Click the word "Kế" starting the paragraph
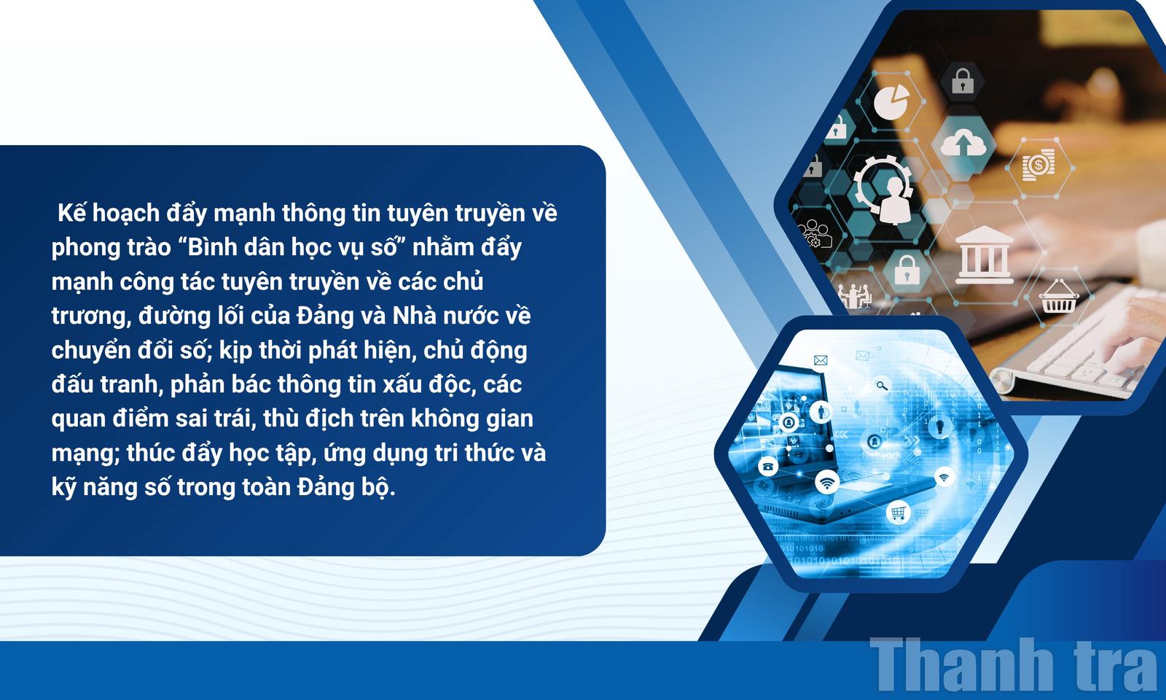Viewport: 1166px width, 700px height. [72, 212]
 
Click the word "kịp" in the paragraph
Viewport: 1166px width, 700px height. [235, 351]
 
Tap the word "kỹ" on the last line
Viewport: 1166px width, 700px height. [63, 488]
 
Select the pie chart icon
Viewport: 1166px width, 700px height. [892, 101]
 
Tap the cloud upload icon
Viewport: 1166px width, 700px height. [963, 141]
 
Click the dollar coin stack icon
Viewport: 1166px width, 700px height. [1038, 166]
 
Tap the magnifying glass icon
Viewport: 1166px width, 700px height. [881, 386]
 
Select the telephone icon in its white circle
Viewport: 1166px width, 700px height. [768, 466]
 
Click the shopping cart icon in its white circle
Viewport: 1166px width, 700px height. [898, 513]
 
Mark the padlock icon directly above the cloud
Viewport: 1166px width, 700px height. [963, 81]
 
